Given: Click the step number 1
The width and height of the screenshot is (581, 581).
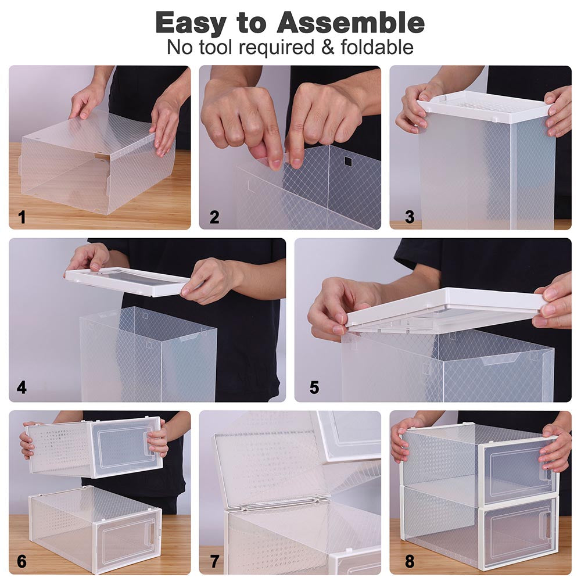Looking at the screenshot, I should pyautogui.click(x=22, y=218).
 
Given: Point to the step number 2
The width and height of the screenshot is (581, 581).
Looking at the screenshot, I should pyautogui.click(x=214, y=218).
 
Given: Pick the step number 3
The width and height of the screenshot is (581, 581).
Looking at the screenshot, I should pyautogui.click(x=410, y=217).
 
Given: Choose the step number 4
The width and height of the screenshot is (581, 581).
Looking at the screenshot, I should pyautogui.click(x=21, y=387).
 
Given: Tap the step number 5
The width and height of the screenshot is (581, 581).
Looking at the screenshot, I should pyautogui.click(x=314, y=387).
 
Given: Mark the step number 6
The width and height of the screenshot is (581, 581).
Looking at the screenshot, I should pyautogui.click(x=21, y=561).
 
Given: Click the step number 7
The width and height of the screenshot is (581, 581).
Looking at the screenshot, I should pyautogui.click(x=214, y=561).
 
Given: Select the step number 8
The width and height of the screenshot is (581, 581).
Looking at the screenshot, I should pyautogui.click(x=410, y=561).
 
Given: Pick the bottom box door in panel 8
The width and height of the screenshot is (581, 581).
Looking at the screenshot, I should pyautogui.click(x=517, y=533).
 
